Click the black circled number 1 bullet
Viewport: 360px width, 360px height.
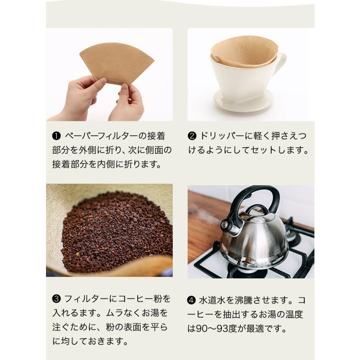[x=56, y=136]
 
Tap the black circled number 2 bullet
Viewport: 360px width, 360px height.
[x=192, y=136]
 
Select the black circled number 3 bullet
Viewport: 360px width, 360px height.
[x=56, y=299]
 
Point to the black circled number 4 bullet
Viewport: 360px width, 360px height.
[x=191, y=300]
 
